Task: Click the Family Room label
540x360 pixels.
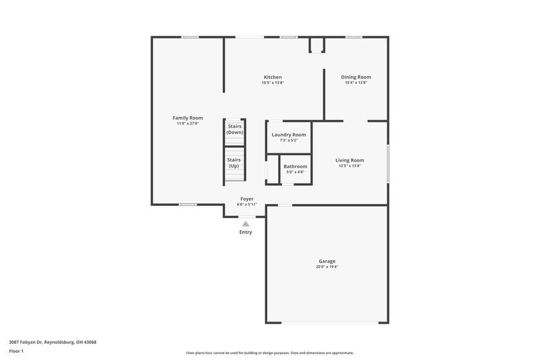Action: click(188, 118)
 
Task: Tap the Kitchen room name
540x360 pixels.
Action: click(273, 77)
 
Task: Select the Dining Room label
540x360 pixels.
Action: click(356, 77)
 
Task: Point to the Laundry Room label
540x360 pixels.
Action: click(288, 134)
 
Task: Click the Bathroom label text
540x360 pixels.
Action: click(295, 166)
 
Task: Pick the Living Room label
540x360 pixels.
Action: click(350, 160)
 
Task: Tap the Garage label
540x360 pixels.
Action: click(327, 261)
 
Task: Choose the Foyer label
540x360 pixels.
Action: click(247, 199)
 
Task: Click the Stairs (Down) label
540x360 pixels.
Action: click(234, 129)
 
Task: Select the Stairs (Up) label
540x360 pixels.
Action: click(234, 163)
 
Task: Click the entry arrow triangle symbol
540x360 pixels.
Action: click(246, 223)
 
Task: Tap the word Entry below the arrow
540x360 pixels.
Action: click(246, 232)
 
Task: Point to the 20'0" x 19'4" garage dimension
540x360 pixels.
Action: click(327, 267)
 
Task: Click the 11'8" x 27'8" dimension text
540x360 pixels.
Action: click(188, 124)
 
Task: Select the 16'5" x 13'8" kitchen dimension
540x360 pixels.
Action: click(273, 83)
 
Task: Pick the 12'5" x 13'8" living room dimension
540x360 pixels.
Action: click(350, 166)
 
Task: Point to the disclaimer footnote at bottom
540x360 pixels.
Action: click(269, 353)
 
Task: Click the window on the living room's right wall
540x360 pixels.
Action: click(387, 162)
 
